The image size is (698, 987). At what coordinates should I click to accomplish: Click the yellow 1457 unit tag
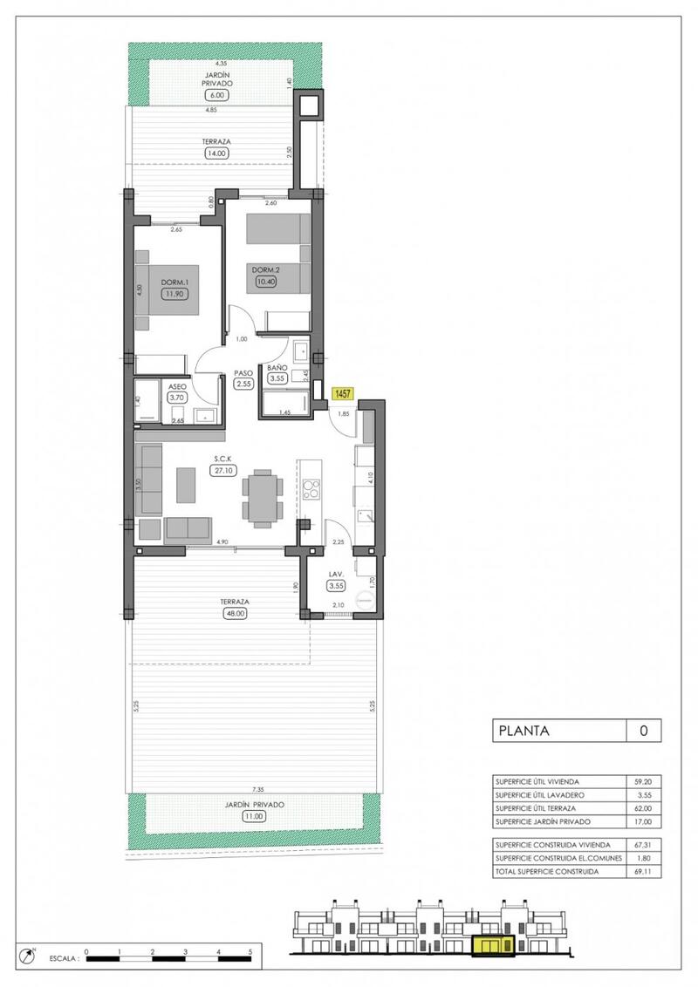pos(343,394)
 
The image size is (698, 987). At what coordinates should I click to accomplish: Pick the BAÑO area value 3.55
pos(278,379)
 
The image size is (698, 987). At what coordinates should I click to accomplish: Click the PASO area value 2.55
pos(243,384)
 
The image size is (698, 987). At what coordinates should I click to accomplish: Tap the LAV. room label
pos(336,574)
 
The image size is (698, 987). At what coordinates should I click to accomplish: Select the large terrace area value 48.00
pos(236,613)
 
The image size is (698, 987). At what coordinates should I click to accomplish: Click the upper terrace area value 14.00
pos(214,153)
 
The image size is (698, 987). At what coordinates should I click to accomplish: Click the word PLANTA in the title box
pos(523,731)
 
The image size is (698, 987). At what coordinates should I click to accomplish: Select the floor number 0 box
pos(644,731)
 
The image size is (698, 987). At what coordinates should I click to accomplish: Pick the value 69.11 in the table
pos(644,871)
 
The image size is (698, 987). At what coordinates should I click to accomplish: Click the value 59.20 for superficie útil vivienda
pos(644,781)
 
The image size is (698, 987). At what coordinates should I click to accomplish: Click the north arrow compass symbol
pos(32,956)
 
